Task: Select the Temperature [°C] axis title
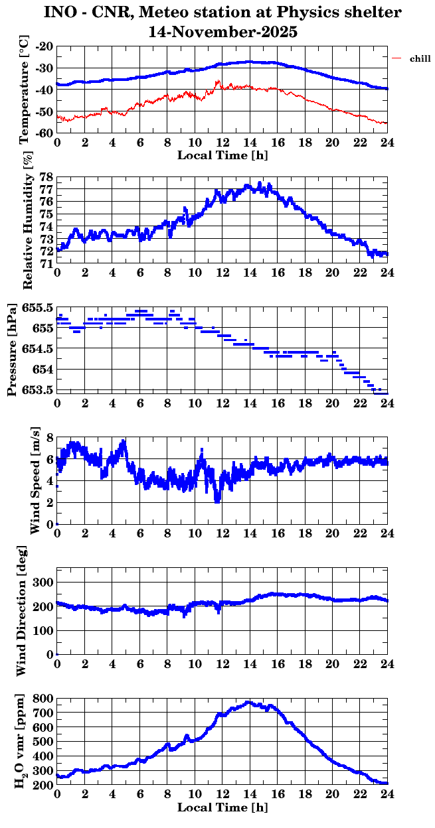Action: [x=25, y=91]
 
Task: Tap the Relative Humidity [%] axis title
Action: [x=27, y=221]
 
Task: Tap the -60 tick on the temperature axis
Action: [x=44, y=133]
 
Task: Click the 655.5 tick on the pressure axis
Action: [x=37, y=308]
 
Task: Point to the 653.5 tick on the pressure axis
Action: [x=37, y=389]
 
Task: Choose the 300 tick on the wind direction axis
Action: [x=44, y=582]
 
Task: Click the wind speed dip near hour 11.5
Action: [x=217, y=500]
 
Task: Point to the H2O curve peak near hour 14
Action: [x=249, y=703]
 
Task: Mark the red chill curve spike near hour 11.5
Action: [x=217, y=82]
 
